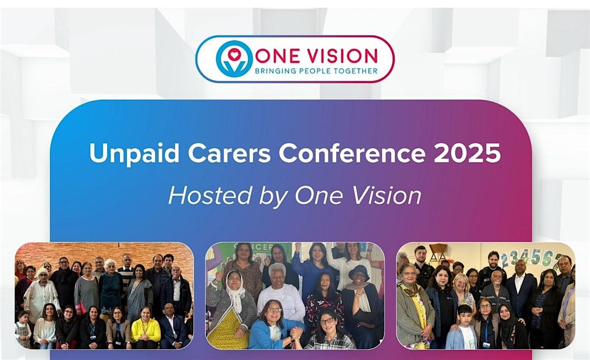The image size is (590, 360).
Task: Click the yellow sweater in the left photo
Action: [x=145, y=330]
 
